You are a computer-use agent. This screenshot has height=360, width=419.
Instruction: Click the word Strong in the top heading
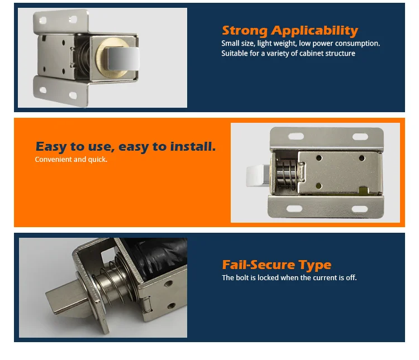point(245,31)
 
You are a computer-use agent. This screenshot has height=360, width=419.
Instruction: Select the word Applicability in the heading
point(315,31)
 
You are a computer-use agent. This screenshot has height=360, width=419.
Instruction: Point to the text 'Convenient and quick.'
point(71,160)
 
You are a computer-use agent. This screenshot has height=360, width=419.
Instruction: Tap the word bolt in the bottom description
point(241,277)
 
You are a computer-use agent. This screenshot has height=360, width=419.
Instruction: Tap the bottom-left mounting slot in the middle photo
point(294,209)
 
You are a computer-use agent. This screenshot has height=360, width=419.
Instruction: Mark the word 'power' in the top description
point(321,44)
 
